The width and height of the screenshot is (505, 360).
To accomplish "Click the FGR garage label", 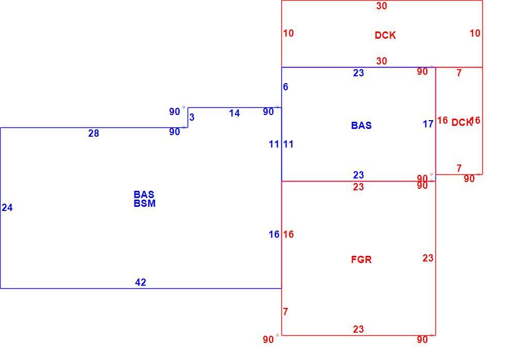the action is coord(361,259).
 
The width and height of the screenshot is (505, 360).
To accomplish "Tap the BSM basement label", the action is coord(145,203).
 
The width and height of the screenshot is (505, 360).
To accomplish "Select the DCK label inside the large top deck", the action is coord(385,35).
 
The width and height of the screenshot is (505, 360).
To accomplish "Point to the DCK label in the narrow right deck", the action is coord(462,122).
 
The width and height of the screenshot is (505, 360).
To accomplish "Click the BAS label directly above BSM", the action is coord(144,194).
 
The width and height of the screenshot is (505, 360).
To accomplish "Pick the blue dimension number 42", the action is coord(140,282).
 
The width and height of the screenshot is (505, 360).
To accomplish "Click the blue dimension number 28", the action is coord(93,133).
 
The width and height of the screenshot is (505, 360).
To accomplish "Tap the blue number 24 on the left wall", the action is coord(7,207).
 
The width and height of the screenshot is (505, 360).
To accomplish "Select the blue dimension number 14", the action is coord(234,113).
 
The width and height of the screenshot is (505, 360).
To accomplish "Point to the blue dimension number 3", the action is coord(192,117).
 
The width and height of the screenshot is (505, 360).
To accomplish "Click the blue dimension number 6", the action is coord(285,87).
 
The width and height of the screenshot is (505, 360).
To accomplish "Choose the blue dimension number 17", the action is coord(428,124).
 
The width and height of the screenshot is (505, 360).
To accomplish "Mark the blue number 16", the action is coord(274,234).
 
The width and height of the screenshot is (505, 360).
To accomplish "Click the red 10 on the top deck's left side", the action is coord(289,33).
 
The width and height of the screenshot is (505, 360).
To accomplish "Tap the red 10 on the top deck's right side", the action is coord(475,33).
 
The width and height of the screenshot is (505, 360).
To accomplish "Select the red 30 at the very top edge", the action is coord(382,6).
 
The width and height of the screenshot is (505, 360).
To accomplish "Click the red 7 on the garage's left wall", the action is coord(285,312).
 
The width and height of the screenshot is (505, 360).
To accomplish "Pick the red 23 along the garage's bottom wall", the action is coord(359,329).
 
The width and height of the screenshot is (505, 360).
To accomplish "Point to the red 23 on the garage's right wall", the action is coord(428,258).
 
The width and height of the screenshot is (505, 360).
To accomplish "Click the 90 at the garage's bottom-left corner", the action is coord(268,339).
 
